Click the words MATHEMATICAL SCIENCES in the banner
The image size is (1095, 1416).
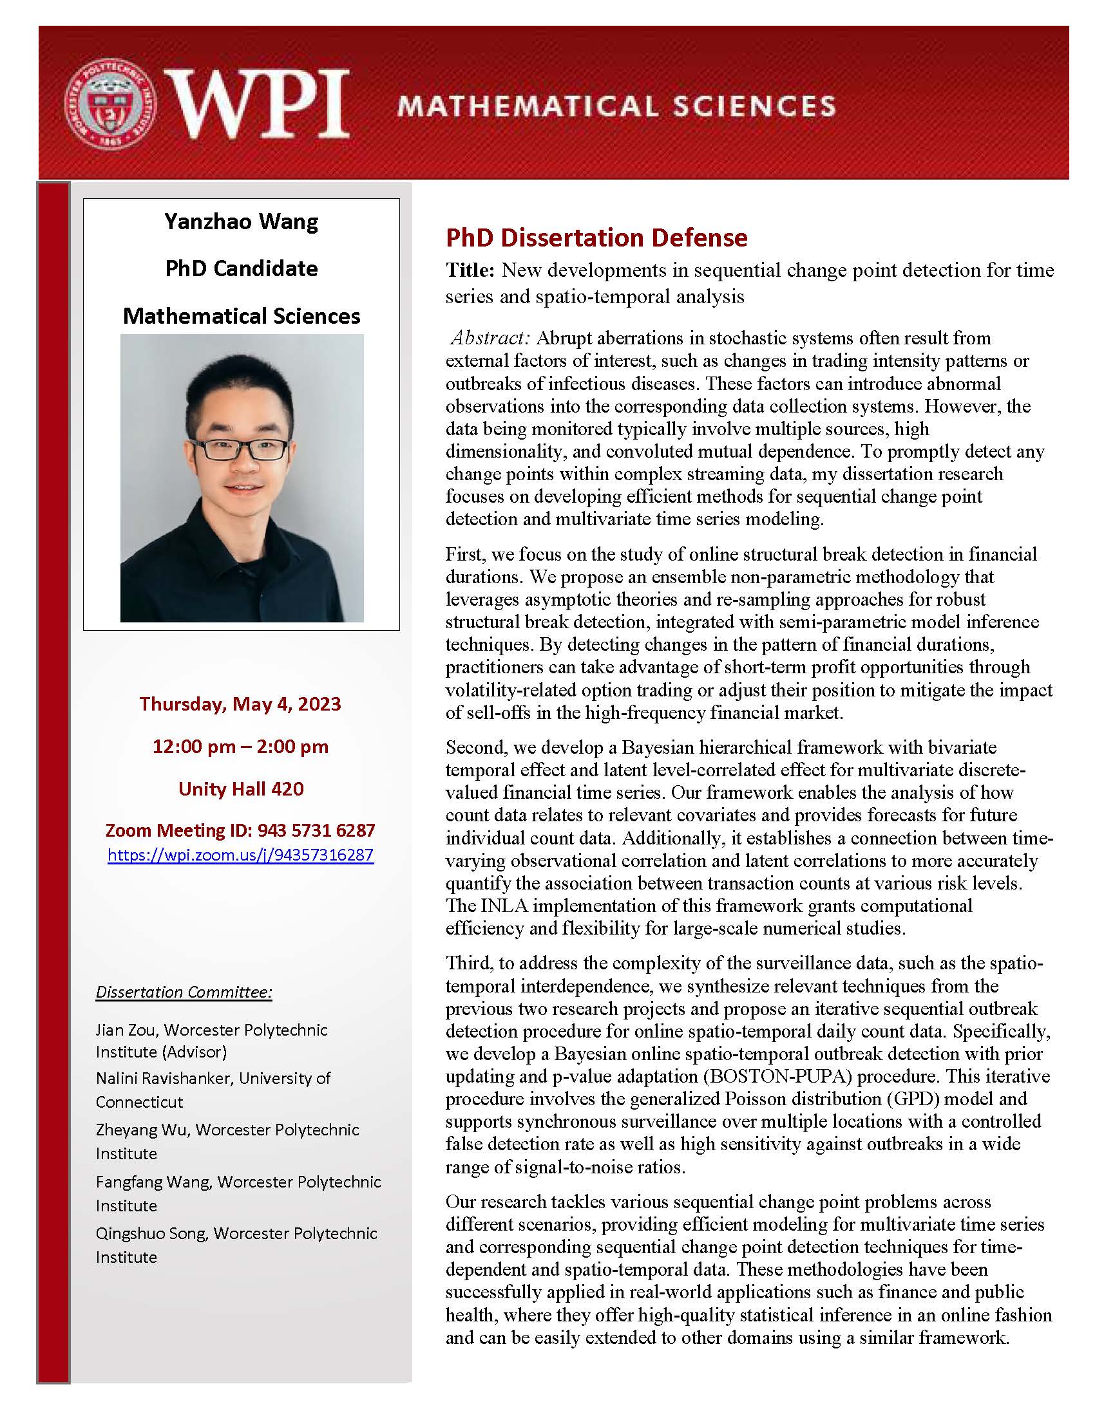tap(616, 106)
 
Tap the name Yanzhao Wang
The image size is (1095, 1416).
tap(242, 222)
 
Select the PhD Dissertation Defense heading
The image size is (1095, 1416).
tap(596, 238)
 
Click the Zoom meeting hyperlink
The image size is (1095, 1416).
tap(241, 855)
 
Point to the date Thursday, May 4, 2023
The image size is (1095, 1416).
tap(240, 703)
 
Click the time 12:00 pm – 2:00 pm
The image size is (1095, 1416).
tap(240, 746)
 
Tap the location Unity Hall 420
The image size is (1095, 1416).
tap(241, 788)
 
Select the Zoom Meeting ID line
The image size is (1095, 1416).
tap(240, 830)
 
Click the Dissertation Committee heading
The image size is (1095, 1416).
tap(184, 992)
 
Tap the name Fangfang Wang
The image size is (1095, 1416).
tap(153, 1182)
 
